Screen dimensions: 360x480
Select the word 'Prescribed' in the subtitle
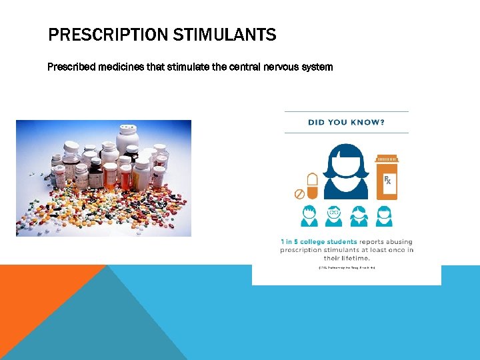coord(71,67)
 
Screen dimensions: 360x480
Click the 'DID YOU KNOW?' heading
coord(346,122)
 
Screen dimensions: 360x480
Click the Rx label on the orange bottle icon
coord(387,181)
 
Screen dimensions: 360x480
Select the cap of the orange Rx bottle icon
coord(387,159)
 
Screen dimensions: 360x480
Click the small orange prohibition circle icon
coord(299,194)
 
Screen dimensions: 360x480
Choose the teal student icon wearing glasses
coord(333,215)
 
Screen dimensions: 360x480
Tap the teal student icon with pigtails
coord(359,215)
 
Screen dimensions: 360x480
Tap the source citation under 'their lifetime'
coord(346,267)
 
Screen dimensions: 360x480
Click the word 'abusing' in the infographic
coord(397,242)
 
